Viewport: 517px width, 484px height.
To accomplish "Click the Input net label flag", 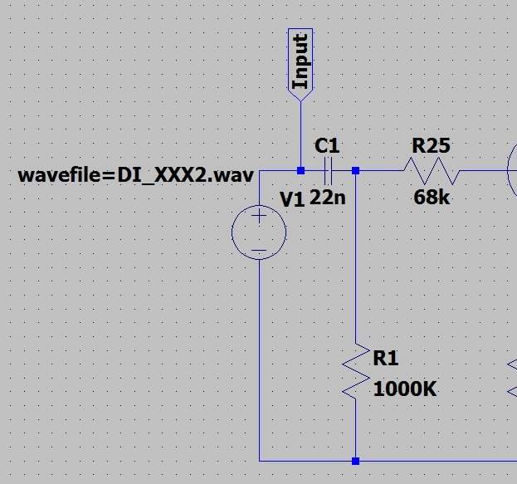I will (300, 60).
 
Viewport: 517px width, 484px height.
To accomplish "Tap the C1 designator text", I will (327, 146).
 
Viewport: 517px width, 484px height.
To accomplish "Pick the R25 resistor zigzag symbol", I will (431, 172).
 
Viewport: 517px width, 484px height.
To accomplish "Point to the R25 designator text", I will (431, 146).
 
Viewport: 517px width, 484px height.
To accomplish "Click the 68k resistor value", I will (431, 198).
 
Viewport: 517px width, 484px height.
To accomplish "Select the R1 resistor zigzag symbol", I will (355, 371).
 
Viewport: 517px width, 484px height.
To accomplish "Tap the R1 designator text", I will (386, 358).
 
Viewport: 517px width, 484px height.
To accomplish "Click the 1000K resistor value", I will (405, 389).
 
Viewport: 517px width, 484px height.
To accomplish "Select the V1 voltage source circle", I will (259, 232).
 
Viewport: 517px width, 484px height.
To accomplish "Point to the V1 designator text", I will (292, 198).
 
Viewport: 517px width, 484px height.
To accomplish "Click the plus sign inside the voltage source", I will (259, 217).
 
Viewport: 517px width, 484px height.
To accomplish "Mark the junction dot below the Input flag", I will (300, 170).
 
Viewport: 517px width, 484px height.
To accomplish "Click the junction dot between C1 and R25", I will (355, 170).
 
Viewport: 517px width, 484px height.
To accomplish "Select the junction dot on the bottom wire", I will (355, 460).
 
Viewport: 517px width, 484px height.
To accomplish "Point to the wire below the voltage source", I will (259, 357).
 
